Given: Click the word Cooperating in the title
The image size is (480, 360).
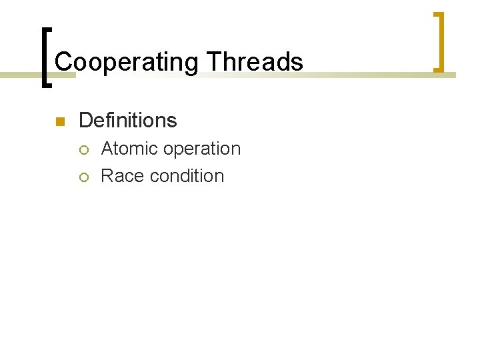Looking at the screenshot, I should pyautogui.click(x=127, y=63).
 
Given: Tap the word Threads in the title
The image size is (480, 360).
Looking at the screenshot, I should pyautogui.click(x=255, y=63).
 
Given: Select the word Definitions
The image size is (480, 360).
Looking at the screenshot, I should pyautogui.click(x=127, y=121).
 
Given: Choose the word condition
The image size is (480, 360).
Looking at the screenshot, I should pyautogui.click(x=187, y=176).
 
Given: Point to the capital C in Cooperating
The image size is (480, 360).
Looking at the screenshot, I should pyautogui.click(x=63, y=63).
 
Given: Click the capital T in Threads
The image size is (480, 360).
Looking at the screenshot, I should pyautogui.click(x=213, y=63).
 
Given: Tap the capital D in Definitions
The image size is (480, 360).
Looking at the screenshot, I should pyautogui.click(x=85, y=121).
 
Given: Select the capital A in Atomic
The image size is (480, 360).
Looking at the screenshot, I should pyautogui.click(x=107, y=149).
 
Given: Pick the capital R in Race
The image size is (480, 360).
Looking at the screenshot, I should pyautogui.click(x=107, y=176).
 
